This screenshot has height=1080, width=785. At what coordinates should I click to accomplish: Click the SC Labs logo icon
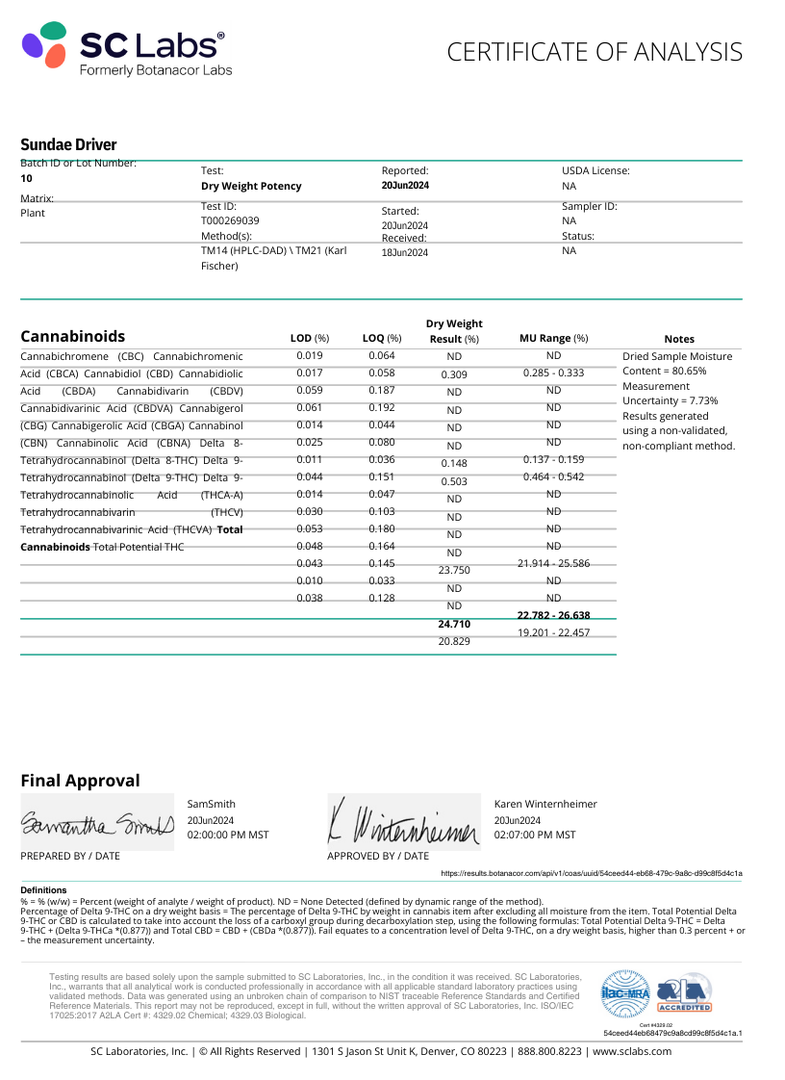(x=44, y=45)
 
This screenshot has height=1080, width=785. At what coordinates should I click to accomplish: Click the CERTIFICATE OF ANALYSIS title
(x=595, y=52)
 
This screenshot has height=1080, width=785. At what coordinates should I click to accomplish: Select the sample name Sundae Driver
(x=68, y=144)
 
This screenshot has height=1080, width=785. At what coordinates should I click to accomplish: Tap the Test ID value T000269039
(x=230, y=219)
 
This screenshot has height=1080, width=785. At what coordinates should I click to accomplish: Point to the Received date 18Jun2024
(x=405, y=252)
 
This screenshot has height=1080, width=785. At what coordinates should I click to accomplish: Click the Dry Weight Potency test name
(x=251, y=186)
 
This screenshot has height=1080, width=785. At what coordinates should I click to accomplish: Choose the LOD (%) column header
(x=310, y=338)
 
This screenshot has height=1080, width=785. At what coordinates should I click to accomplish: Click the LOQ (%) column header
(x=381, y=338)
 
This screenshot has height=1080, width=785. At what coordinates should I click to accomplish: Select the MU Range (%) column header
(x=553, y=338)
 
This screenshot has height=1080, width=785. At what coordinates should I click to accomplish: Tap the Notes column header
(x=679, y=339)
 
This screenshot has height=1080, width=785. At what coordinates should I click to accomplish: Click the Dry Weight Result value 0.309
(x=454, y=374)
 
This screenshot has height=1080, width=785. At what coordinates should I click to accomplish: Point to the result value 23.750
(x=454, y=570)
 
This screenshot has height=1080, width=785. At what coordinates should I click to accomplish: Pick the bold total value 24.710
(x=454, y=624)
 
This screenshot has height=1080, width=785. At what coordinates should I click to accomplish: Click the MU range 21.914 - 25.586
(x=553, y=563)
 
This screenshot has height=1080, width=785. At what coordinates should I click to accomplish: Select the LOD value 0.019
(x=310, y=355)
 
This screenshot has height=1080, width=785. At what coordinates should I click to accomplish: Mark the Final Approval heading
(x=80, y=781)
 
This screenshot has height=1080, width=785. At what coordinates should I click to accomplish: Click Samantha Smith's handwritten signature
(x=96, y=824)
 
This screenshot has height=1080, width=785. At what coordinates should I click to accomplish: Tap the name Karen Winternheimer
(x=545, y=804)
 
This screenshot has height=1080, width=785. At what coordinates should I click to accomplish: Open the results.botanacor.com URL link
(x=591, y=873)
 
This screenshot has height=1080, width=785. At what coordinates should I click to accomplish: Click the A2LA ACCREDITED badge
(x=683, y=991)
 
